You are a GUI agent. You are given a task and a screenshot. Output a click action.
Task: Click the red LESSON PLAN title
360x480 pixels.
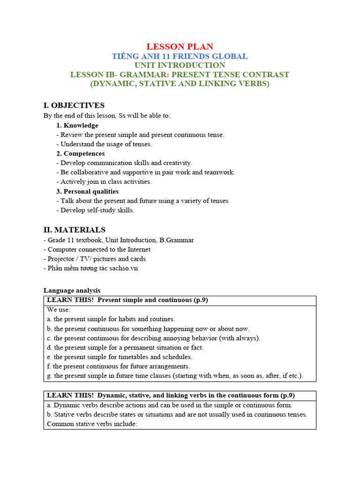click(180, 46)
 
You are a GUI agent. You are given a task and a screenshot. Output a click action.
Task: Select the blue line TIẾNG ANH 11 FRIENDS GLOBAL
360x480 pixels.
click(180, 56)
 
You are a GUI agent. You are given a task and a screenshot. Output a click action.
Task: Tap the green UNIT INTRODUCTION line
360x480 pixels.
click(180, 65)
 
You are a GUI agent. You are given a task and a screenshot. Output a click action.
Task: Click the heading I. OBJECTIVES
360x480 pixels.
click(74, 105)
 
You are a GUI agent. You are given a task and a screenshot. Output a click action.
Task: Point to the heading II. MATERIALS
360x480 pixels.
click(75, 230)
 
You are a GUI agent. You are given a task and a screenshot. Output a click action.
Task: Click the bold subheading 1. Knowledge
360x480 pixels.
click(77, 125)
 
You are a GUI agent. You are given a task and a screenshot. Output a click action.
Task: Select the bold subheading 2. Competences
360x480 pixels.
click(81, 153)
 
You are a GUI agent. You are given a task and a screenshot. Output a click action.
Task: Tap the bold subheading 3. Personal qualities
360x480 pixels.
click(87, 191)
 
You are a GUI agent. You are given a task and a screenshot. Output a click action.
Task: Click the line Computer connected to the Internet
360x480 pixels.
click(99, 249)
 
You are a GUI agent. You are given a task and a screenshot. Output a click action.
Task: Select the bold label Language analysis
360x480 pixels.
click(72, 291)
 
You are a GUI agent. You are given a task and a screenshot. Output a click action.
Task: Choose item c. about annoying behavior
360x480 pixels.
click(153, 338)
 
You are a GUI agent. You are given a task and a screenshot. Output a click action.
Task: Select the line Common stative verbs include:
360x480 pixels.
click(92, 424)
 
